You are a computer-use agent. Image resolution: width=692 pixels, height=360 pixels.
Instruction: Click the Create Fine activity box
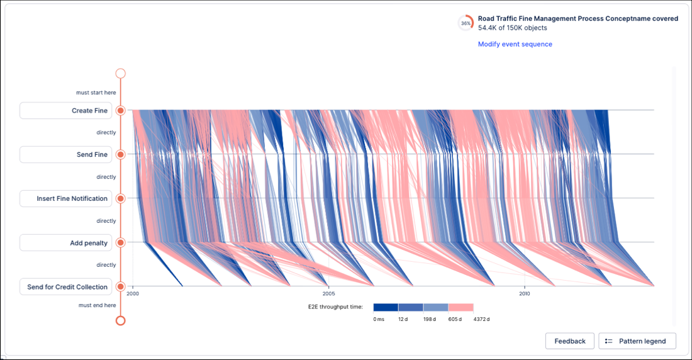click(x=65, y=111)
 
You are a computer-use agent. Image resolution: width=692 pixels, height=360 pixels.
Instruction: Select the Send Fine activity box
click(x=65, y=155)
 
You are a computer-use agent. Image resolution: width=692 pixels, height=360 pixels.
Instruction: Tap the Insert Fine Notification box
click(x=65, y=199)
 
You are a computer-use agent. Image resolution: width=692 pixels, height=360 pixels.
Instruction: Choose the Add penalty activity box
click(x=65, y=243)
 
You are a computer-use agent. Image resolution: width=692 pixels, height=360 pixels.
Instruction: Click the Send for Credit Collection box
click(x=65, y=287)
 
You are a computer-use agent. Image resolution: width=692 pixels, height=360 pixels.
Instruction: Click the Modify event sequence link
click(x=515, y=44)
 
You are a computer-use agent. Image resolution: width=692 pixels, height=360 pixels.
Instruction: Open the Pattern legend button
click(x=637, y=341)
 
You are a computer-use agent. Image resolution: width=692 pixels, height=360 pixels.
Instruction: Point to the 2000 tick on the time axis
click(x=133, y=293)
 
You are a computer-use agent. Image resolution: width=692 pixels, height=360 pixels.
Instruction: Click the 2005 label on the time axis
click(x=328, y=293)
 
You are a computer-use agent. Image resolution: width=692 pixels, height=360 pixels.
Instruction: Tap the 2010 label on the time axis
click(x=524, y=293)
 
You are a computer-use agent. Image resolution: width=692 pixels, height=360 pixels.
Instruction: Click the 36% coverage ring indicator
click(x=466, y=23)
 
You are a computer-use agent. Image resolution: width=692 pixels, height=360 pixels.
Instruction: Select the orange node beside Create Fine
click(x=121, y=111)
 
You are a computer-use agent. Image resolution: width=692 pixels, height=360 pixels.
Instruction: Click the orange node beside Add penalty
click(x=121, y=243)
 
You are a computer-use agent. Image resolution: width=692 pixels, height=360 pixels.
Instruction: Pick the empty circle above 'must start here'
click(x=121, y=74)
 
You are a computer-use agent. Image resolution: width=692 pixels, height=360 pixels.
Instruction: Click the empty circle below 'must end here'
click(x=121, y=320)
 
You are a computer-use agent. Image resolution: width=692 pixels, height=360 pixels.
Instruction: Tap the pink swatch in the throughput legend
click(x=460, y=307)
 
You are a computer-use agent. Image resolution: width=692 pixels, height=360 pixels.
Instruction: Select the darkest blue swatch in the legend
click(x=386, y=307)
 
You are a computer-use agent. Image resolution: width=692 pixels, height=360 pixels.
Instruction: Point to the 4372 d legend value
click(x=481, y=319)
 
